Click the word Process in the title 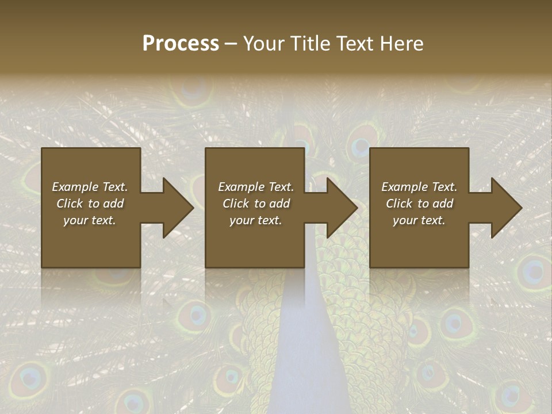(181, 44)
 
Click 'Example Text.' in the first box (90, 187)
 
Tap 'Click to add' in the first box (90, 204)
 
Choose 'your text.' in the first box (90, 220)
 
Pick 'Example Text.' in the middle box (255, 187)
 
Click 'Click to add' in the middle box (255, 204)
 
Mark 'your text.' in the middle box (255, 220)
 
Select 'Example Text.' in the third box (419, 187)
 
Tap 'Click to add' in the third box (419, 204)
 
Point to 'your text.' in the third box (419, 220)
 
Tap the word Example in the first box (75, 187)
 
